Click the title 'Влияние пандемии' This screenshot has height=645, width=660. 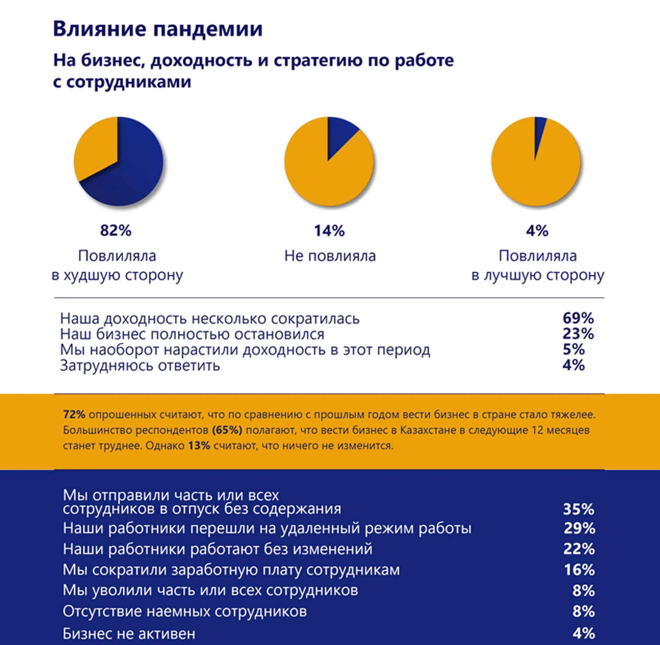coord(157,29)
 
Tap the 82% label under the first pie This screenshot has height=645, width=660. coord(116,231)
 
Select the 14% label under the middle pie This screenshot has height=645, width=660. coord(329,231)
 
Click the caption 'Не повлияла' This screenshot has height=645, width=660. coord(330,256)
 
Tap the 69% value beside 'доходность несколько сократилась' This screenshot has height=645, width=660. coord(578,319)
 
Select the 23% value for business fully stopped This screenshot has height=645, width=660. coord(578,334)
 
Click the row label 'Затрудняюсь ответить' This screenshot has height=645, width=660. coord(140,366)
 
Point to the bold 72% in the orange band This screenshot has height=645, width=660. coord(74,415)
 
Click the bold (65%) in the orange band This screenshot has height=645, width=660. coord(227,430)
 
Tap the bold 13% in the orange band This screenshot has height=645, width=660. coord(199,446)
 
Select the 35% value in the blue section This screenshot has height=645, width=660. coord(578,510)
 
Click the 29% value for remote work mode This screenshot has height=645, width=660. coord(579,529)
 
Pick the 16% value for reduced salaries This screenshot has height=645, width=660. coord(579,570)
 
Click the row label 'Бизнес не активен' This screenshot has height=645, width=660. coord(129,633)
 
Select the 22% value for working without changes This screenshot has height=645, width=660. coord(579,549)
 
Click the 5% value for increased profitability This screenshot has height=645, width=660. coord(574,350)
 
